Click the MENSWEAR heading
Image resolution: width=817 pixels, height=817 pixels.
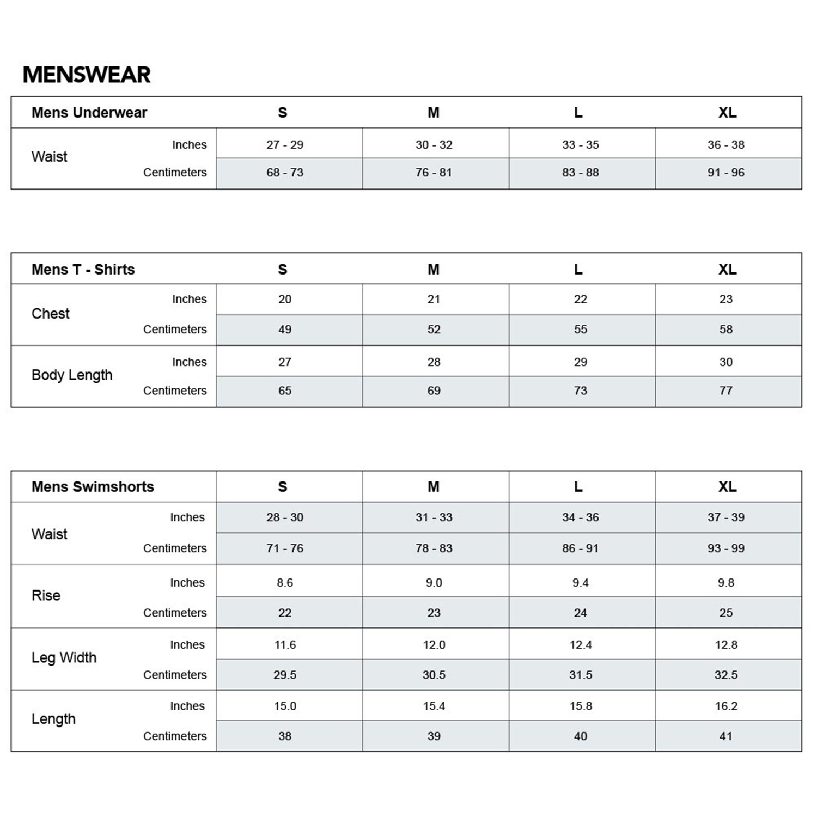click(87, 75)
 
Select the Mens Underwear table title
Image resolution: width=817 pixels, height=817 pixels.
click(89, 113)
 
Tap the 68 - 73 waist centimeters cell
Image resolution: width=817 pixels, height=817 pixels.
click(285, 173)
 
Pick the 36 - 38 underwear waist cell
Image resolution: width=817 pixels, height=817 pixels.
click(726, 145)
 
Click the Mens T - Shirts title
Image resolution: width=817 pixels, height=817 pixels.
click(83, 270)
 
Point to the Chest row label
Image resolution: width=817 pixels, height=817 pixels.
click(51, 314)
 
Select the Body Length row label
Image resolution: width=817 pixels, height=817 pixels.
click(72, 375)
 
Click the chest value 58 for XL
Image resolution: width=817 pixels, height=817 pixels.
click(726, 330)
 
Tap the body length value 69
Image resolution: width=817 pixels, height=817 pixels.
click(434, 391)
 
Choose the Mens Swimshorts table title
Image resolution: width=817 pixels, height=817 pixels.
click(93, 487)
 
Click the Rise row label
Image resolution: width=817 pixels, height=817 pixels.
click(46, 596)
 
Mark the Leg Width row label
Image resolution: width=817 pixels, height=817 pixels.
click(64, 658)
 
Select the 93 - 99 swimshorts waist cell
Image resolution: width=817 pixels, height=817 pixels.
click(726, 548)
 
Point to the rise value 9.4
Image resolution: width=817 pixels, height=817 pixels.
click(581, 583)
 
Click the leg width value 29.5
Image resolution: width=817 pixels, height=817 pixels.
click(285, 675)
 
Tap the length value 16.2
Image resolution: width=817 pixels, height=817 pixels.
click(726, 706)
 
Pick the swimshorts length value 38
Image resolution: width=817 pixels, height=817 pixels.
click(285, 736)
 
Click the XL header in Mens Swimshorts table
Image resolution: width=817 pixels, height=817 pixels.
click(728, 487)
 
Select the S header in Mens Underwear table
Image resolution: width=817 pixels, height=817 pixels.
click(282, 113)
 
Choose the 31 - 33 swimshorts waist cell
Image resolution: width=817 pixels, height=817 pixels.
click(434, 517)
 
